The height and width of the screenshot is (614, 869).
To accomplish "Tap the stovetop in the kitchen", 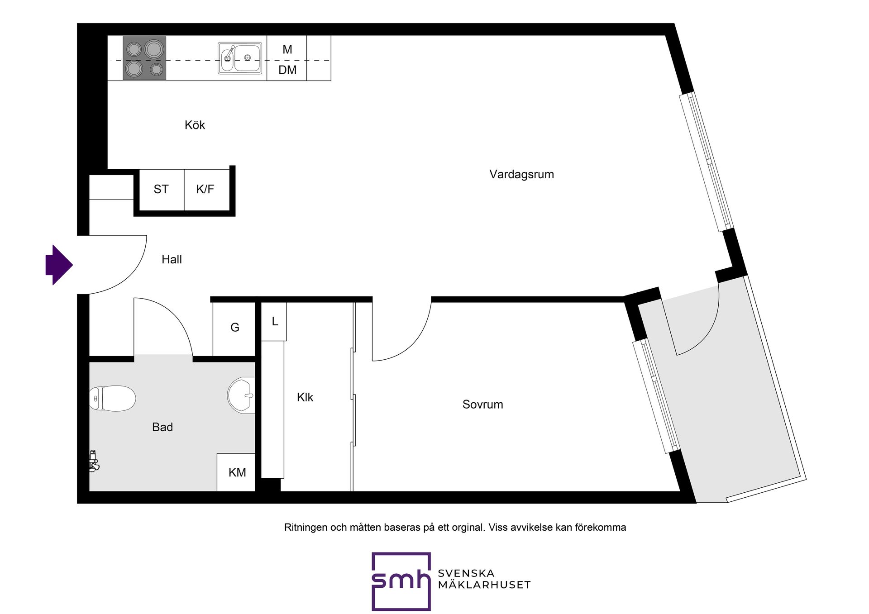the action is tap(144, 58).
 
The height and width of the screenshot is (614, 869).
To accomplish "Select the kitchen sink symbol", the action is tap(240, 58).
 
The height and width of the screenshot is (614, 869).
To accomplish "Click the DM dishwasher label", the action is tap(287, 70).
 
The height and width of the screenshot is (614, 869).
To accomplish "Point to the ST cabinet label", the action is tap(161, 189).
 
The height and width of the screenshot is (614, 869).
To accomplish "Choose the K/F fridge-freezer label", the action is tap(205, 189).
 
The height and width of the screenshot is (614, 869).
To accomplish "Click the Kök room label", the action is tap(195, 125).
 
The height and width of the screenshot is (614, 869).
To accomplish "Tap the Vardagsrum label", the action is tap(521, 175).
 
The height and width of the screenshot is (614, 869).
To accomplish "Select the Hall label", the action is tap(172, 259).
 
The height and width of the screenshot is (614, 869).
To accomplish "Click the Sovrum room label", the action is tap(482, 405).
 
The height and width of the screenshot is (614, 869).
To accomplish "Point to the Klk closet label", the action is tap(305, 397).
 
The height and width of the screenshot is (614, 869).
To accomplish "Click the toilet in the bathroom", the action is tap(113, 398).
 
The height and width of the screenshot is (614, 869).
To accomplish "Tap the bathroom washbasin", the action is tap(241, 395).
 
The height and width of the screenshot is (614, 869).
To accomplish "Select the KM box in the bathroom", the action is tap(236, 472).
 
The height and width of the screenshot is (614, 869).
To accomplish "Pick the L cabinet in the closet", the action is tap(274, 322).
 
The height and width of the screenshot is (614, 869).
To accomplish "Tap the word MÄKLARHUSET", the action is tap(484, 585).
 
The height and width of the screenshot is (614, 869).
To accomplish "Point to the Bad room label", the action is tap(162, 427).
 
